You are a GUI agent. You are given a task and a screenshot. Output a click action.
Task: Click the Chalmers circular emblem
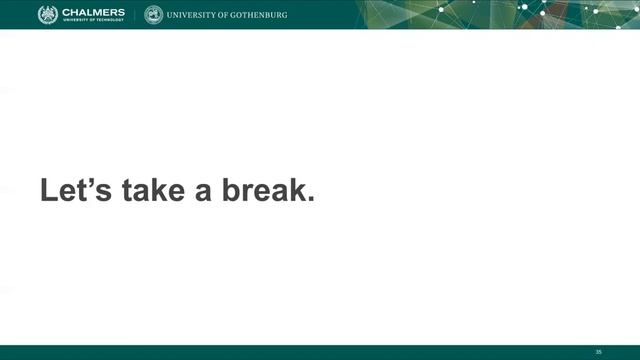[48, 14]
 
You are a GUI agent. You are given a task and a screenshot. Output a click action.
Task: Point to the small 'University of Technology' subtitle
[92, 21]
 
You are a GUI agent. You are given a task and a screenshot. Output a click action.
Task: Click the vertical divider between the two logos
[135, 14]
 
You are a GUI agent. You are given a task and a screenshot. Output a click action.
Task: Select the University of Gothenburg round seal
[153, 14]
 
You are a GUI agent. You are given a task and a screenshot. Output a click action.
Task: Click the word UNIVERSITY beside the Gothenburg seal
[196, 15]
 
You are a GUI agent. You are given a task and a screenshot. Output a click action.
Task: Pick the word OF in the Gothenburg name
[235, 15]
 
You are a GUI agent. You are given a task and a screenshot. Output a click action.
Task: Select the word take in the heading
[153, 191]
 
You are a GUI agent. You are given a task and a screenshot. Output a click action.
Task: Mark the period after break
[310, 201]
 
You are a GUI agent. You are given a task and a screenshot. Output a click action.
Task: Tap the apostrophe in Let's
[91, 182]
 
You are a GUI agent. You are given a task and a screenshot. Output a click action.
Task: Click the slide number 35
[598, 351]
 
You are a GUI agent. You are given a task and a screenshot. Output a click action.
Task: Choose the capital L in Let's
[48, 191]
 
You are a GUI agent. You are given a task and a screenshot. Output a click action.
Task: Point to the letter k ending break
[296, 191]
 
